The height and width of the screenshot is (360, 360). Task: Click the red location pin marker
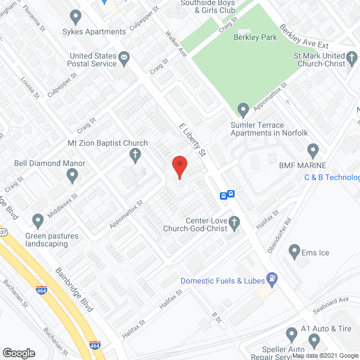coord(179,166)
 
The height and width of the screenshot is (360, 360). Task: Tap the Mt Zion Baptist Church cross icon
coord(135,154)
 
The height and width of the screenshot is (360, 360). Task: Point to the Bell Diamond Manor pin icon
coord(72,176)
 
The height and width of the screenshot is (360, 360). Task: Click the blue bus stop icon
coord(227,195)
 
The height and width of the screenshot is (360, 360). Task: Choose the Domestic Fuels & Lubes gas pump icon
coord(272,278)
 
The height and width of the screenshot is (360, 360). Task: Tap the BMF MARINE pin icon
coord(313,151)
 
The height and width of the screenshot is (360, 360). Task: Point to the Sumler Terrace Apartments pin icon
coord(243,109)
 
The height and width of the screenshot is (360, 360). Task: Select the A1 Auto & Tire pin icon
coord(291,335)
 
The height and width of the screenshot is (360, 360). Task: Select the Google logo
coord(18,353)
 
